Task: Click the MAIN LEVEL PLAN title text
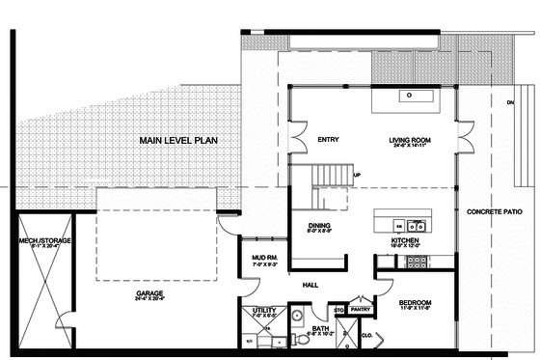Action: point(178,141)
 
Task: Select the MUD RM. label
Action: point(264,258)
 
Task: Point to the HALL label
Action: point(310,286)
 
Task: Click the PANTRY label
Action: point(362,310)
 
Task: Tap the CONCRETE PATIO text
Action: point(494,211)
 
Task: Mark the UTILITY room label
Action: point(264,310)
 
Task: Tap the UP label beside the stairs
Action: point(357,175)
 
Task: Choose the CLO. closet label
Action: point(367,336)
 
